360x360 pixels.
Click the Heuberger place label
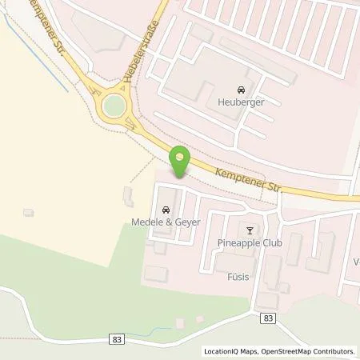tap(240, 102)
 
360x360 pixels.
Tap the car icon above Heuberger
tap(240, 90)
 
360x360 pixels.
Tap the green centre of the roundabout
tap(114, 105)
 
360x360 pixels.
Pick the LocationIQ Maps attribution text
tap(230, 350)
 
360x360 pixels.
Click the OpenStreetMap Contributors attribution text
tap(307, 350)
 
